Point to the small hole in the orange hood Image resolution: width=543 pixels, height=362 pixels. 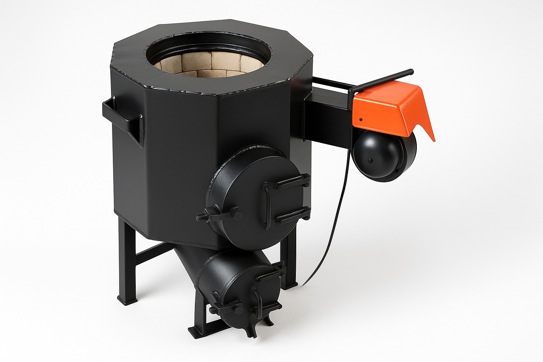click(361, 119)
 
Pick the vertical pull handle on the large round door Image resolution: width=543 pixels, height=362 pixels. click(267, 203)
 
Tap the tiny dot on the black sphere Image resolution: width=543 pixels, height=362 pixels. click(370, 161)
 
